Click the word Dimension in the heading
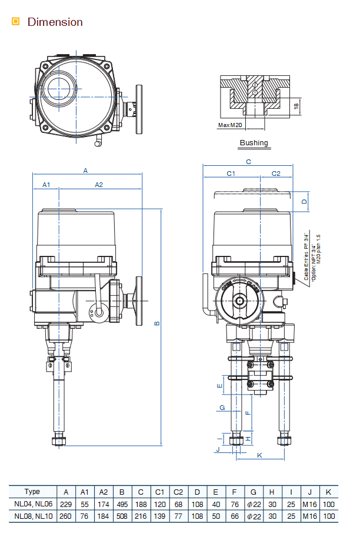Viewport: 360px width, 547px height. [55, 22]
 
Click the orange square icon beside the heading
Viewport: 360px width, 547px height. [16, 22]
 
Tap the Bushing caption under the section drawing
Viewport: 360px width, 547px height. [254, 143]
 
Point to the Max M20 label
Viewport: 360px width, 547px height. [231, 125]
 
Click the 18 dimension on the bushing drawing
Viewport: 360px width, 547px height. [296, 107]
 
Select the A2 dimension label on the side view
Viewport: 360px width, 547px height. [99, 185]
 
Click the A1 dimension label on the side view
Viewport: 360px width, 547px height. [46, 185]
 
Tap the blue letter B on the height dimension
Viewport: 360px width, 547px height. [157, 323]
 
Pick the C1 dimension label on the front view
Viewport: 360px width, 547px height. [231, 174]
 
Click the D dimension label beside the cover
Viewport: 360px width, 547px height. [304, 201]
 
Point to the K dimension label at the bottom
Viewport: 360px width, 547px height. [259, 455]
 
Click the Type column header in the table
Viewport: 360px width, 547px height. [32, 492]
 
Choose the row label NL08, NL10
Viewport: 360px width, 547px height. [34, 516]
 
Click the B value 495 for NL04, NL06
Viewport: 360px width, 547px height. [122, 503]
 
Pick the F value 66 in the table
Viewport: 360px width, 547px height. [234, 516]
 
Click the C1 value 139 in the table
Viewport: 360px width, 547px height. [159, 516]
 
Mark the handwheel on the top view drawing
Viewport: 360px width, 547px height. [139, 109]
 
